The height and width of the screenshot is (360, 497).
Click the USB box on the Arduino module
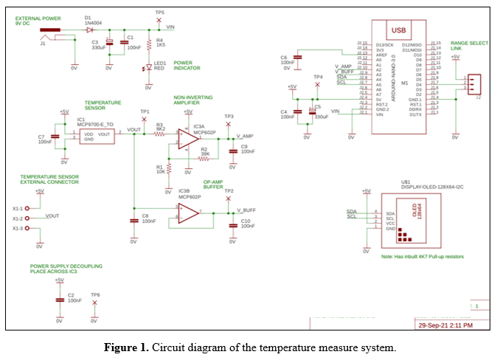399,30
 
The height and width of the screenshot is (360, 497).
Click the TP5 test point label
160,13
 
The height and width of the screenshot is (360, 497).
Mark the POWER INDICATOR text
188,66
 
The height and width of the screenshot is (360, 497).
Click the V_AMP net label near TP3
245,137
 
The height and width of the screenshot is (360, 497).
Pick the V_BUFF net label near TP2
246,210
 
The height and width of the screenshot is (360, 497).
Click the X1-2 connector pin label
18,218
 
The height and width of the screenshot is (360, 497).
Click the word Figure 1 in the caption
128,347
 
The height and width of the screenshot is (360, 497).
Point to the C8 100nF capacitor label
147,218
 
